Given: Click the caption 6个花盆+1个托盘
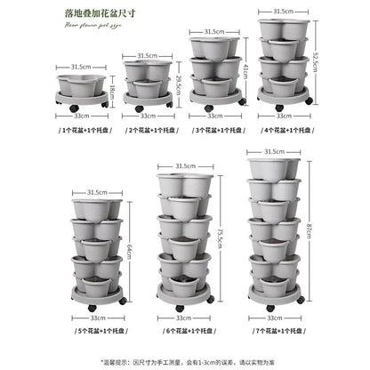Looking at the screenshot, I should coord(184,331).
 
